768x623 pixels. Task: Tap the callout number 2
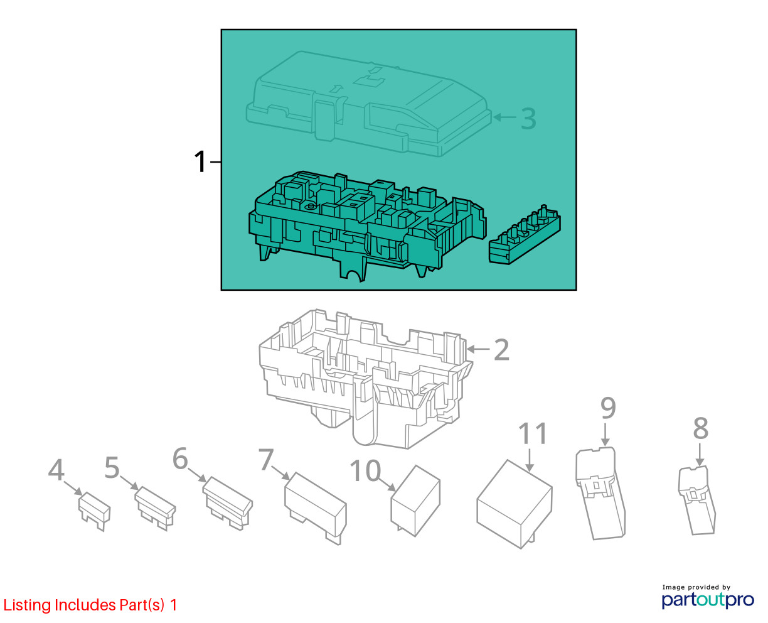coord(501,349)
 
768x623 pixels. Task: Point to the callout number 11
coord(533,433)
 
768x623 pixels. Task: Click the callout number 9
coord(608,408)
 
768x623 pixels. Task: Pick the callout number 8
coord(701,428)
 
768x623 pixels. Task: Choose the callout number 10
coord(365,471)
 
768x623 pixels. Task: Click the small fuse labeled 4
coord(95,511)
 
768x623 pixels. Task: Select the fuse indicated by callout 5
coord(155,508)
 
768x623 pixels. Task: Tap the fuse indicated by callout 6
coord(227,504)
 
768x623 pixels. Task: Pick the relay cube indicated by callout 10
coord(415,501)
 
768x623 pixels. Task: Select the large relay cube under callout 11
coord(514,504)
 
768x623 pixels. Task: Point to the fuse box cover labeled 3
coord(368,105)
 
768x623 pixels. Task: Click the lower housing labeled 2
coord(366,379)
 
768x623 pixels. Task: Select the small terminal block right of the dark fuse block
coord(525,235)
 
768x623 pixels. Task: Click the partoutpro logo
coord(707,600)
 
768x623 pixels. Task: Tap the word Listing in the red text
coord(27,605)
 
